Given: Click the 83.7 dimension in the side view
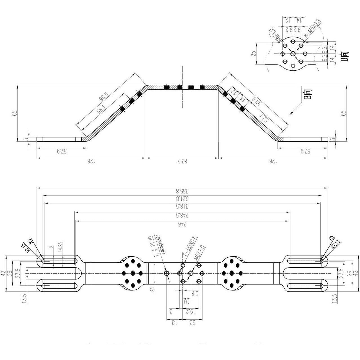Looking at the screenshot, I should click(x=182, y=161).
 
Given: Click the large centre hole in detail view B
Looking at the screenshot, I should click(x=293, y=54).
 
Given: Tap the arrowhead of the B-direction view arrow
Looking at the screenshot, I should click(x=290, y=114).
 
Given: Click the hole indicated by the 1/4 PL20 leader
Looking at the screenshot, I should click(x=166, y=273).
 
